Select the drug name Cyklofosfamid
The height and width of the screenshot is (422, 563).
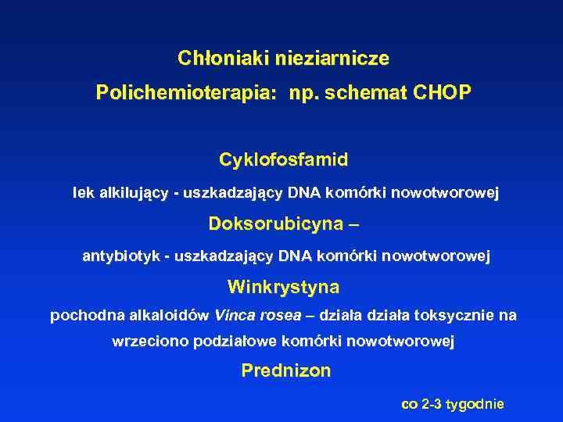[283, 160]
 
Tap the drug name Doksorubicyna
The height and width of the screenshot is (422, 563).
[276, 224]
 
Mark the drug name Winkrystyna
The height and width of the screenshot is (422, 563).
[283, 288]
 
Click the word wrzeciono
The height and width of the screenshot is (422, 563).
[149, 342]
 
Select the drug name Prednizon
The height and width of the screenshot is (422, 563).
[285, 371]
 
